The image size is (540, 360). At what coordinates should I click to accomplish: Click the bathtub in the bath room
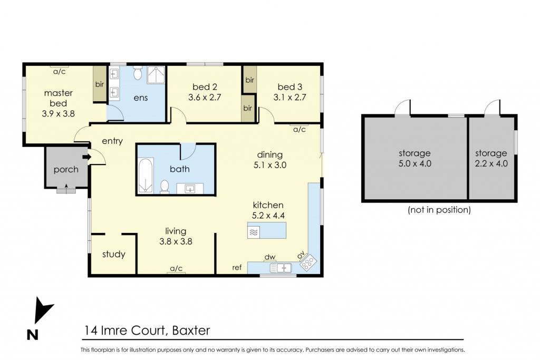[x=146, y=176]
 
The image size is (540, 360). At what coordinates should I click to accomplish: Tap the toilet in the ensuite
[x=138, y=72]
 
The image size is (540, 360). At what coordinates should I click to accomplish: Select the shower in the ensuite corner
[x=156, y=75]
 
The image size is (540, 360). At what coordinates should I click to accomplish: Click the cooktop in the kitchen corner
[x=308, y=262]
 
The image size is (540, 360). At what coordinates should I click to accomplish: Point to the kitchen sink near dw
[x=281, y=268]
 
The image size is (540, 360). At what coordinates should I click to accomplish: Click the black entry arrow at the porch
[x=86, y=157]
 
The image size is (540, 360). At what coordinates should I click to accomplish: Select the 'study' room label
[x=114, y=255]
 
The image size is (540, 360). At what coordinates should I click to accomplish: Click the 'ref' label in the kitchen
[x=237, y=267]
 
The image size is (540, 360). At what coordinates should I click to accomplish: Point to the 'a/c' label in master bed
[x=59, y=72]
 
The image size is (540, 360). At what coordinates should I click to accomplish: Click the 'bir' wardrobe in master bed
[x=100, y=84]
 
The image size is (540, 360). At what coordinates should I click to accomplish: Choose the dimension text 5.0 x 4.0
[x=414, y=163]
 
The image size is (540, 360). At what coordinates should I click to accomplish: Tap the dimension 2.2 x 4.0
[x=491, y=163]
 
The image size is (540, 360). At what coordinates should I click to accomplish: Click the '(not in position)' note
[x=439, y=210]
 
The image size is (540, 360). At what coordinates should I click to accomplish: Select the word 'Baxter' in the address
[x=191, y=330]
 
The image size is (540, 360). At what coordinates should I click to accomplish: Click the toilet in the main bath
[x=165, y=187]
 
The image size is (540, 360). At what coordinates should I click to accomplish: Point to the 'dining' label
[x=270, y=155]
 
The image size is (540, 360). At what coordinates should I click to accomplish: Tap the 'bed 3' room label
[x=290, y=87]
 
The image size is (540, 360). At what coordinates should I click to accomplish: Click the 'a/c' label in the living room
[x=176, y=268]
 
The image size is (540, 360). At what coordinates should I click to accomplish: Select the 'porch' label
[x=66, y=170]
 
